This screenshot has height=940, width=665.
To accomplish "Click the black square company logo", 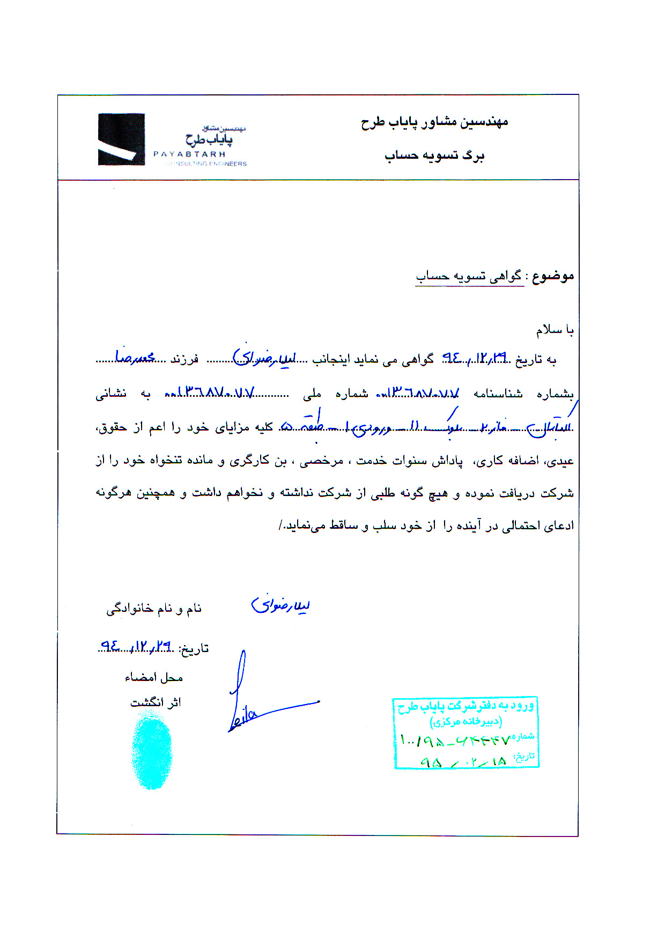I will pyautogui.click(x=121, y=139).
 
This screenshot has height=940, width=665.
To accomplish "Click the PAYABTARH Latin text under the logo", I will pyautogui.click(x=189, y=154).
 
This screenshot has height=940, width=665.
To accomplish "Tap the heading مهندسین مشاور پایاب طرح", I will pyautogui.click(x=434, y=122).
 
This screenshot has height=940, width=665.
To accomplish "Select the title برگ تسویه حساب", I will pyautogui.click(x=434, y=156).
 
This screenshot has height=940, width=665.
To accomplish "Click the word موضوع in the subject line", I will pyautogui.click(x=553, y=276).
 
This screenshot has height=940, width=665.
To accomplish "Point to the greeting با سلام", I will pyautogui.click(x=555, y=330).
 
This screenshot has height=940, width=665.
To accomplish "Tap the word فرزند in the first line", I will pyautogui.click(x=184, y=359).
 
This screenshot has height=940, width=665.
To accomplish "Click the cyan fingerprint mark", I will pyautogui.click(x=152, y=753).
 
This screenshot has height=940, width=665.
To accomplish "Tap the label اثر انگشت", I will pyautogui.click(x=156, y=702).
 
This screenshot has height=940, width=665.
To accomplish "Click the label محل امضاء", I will pyautogui.click(x=154, y=678).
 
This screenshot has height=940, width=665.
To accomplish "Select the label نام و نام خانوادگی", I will pyautogui.click(x=154, y=609).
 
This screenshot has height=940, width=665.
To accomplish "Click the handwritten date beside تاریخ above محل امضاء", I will pyautogui.click(x=137, y=647).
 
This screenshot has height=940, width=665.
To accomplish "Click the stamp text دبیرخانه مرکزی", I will pyautogui.click(x=465, y=722).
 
